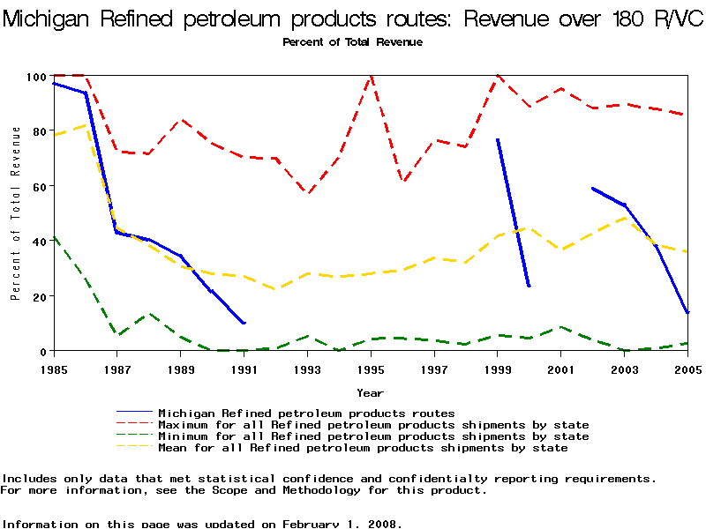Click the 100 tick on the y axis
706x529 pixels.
tap(36, 77)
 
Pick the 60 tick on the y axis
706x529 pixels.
tap(40, 187)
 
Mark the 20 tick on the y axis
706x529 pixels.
tap(40, 296)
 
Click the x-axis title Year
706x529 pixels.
tap(370, 392)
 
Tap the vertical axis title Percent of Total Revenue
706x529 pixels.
tap(16, 213)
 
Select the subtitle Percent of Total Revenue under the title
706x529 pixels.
tap(352, 42)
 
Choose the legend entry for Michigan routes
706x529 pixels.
tap(306, 413)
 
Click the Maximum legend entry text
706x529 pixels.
tap(373, 425)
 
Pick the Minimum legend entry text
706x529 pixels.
tap(373, 436)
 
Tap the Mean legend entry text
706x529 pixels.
tap(363, 448)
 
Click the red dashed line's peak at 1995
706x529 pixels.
tap(371, 77)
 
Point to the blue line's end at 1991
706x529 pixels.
tap(244, 323)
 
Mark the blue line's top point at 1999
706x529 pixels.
tap(498, 139)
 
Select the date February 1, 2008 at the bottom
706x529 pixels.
tap(339, 524)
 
